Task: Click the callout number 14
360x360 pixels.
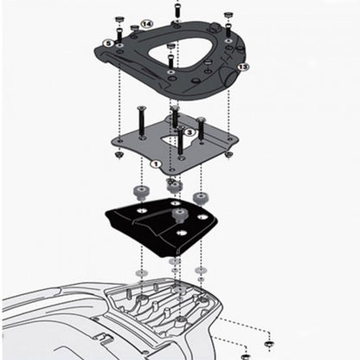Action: (146, 23)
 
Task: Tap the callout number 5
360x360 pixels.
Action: (108, 42)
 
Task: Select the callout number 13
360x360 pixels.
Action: (243, 66)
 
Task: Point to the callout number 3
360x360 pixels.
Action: (190, 132)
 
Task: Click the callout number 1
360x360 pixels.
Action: (156, 162)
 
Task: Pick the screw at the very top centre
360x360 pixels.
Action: (177, 8)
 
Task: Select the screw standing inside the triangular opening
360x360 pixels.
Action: (171, 60)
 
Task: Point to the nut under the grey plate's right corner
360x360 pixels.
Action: (228, 153)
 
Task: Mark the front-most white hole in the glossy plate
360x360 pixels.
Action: (179, 233)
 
